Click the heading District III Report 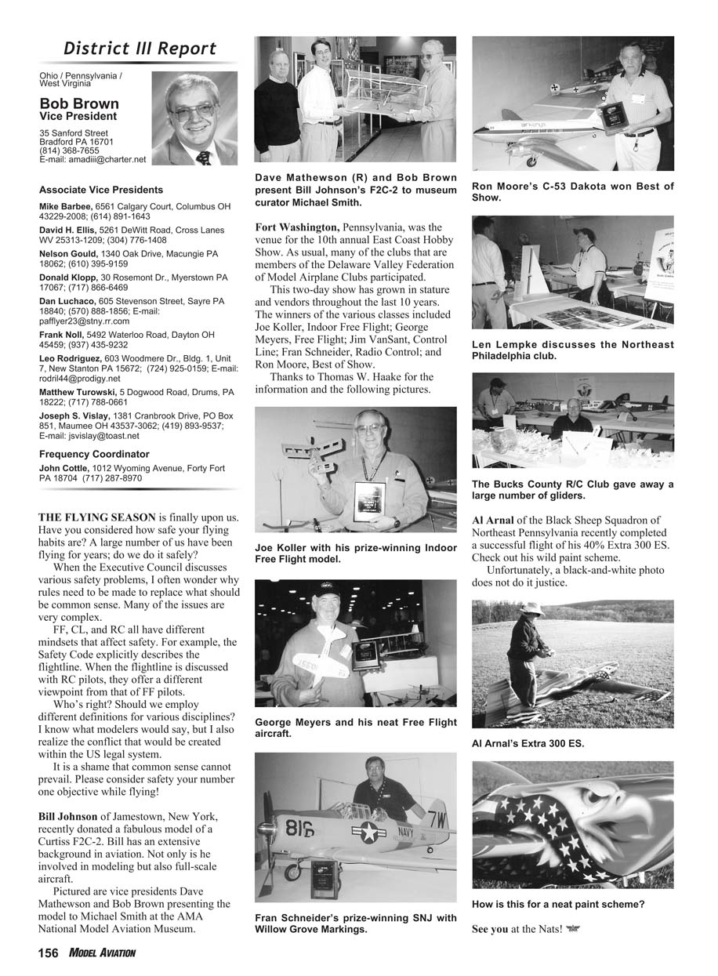(140, 49)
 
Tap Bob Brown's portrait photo (194, 118)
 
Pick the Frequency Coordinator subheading (94, 454)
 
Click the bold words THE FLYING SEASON (97, 517)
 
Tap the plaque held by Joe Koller (368, 502)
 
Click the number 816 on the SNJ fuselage (299, 828)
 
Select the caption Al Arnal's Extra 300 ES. (528, 743)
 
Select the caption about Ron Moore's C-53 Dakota (572, 192)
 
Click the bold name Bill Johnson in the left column (68, 816)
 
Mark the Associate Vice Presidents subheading (101, 190)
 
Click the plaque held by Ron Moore (616, 117)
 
